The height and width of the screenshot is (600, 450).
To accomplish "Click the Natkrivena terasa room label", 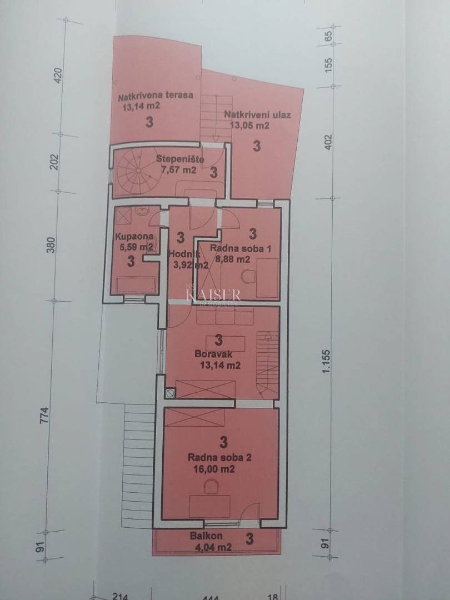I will click(155, 95).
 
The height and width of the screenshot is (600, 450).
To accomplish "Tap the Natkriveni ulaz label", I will click(258, 116).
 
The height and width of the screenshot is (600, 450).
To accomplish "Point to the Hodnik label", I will click(179, 256).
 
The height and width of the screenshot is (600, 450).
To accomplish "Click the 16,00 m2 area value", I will click(212, 469).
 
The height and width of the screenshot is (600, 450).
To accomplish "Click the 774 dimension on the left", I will click(46, 416).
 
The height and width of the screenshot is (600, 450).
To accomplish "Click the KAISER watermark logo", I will click(213, 296).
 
